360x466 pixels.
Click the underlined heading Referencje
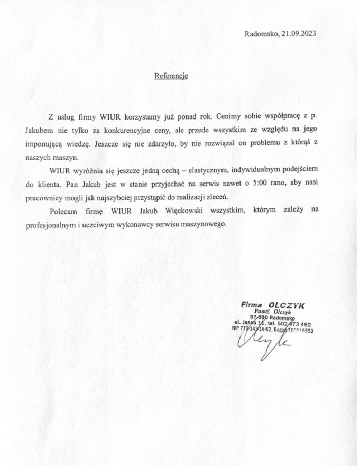171,76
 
